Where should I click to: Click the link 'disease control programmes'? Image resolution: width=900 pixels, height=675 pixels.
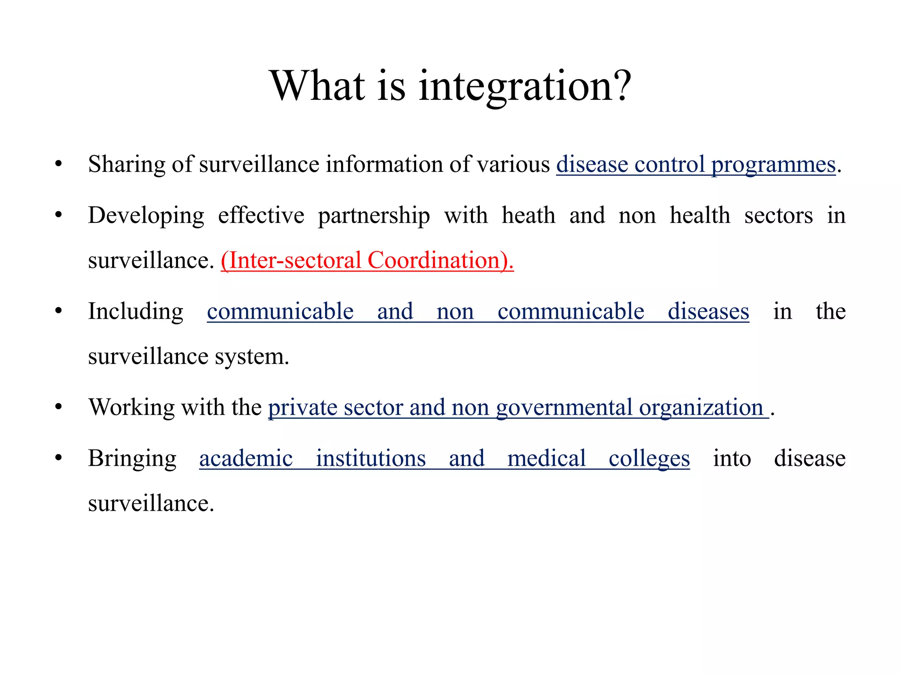tap(696, 165)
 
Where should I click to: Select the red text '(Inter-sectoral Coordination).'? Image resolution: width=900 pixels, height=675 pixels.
tap(367, 260)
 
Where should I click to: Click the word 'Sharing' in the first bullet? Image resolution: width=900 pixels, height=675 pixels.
tap(127, 165)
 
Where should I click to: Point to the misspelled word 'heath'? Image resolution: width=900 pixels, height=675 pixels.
tap(528, 216)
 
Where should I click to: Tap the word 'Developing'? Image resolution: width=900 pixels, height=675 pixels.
tap(146, 216)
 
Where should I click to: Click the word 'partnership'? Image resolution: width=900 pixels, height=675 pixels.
tap(374, 216)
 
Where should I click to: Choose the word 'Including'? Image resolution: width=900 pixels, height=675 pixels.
tap(135, 312)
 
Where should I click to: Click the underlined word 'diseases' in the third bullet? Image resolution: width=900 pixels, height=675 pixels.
tap(708, 312)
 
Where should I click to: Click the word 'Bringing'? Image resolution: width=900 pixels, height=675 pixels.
tap(132, 459)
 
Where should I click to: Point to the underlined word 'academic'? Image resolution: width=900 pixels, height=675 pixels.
tap(246, 458)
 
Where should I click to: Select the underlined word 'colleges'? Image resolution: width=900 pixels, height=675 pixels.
tap(649, 459)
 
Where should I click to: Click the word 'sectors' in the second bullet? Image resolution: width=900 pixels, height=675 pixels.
tap(778, 216)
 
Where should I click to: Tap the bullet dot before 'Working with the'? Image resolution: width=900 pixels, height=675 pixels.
tap(58, 406)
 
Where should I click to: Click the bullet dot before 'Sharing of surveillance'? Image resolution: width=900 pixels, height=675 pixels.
tap(58, 164)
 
